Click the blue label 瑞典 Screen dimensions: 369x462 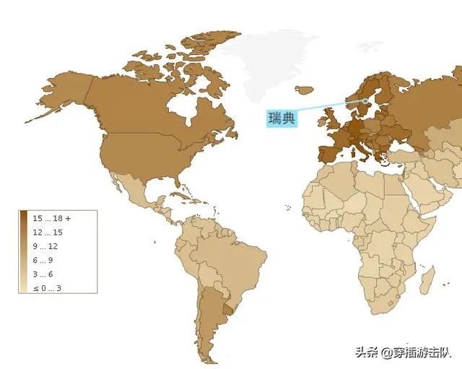click(282, 118)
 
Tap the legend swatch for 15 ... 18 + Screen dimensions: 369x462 click(24, 218)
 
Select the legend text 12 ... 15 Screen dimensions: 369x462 click(48, 232)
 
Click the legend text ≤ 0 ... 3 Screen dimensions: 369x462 click(43, 287)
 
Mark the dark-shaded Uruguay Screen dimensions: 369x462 click(230, 311)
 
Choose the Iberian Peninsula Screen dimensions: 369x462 click(328, 154)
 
